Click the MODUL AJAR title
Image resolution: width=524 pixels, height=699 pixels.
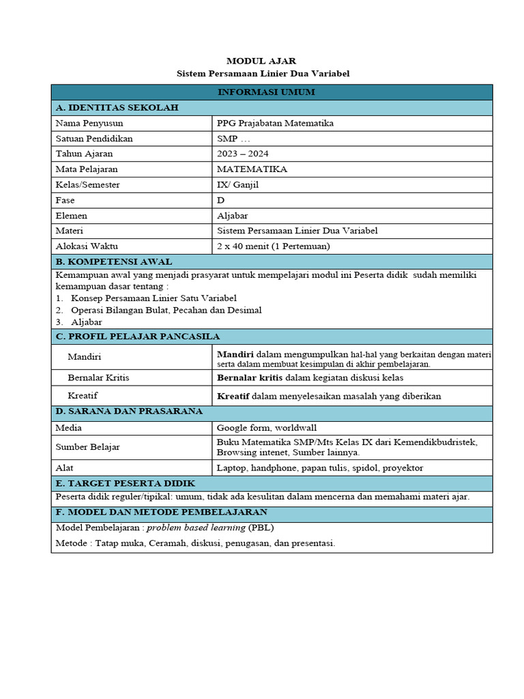[263, 61]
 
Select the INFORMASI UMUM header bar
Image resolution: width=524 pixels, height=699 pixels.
[272, 92]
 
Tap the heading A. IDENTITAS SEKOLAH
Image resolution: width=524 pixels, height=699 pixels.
[117, 108]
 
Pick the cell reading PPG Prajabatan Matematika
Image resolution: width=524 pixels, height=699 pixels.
[275, 124]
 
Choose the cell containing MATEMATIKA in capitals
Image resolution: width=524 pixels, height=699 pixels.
[252, 169]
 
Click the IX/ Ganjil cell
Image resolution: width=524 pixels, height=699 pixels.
[238, 184]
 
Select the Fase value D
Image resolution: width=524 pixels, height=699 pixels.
[220, 200]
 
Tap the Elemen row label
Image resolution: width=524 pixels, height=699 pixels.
[72, 216]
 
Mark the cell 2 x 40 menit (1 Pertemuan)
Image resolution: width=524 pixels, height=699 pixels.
[273, 246]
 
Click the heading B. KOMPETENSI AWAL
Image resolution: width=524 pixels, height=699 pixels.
[114, 261]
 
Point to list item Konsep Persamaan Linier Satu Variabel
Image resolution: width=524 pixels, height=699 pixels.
[154, 298]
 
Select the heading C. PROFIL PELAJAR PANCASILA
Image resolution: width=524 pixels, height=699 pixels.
[138, 337]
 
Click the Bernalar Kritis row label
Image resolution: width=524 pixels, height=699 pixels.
[98, 377]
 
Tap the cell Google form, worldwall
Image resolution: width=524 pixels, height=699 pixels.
[267, 428]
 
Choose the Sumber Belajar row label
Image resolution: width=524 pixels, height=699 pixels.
[88, 447]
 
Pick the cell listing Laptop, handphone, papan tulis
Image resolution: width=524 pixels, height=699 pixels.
[320, 468]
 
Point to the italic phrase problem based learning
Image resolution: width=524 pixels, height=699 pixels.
[196, 528]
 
